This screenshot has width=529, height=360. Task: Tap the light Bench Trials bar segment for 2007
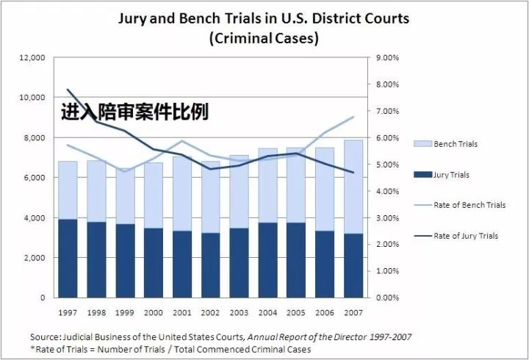353,187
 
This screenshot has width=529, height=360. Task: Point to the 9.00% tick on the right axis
387,57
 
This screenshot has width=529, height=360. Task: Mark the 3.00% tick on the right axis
387,218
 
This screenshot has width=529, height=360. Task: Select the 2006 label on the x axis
325,312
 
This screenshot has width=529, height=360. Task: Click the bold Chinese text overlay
134,112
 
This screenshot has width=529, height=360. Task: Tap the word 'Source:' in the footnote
46,336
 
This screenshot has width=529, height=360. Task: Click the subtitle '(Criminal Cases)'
264,39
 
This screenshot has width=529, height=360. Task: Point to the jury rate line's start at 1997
68,90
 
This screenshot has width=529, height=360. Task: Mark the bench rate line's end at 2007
353,117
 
